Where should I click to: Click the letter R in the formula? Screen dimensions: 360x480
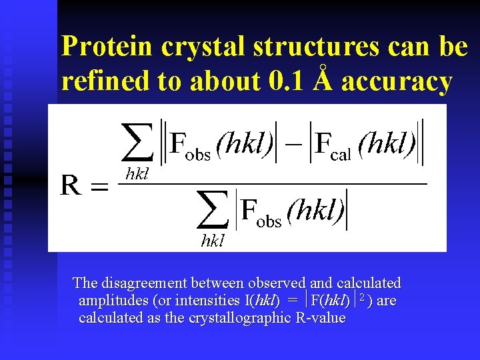[x=72, y=185]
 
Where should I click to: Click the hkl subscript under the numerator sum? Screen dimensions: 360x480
[x=137, y=175]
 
